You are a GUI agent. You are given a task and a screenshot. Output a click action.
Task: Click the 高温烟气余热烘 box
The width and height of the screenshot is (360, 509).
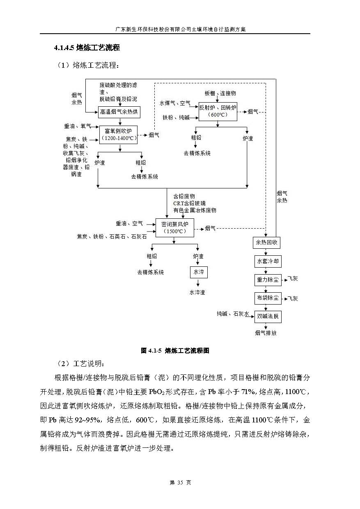(119, 112)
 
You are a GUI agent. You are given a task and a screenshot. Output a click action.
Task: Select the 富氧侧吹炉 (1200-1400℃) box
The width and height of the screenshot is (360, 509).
(119, 134)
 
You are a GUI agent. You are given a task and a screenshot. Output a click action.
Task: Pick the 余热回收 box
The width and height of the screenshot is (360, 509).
(267, 243)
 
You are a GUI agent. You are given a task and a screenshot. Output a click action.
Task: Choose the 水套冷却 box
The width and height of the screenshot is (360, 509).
(267, 261)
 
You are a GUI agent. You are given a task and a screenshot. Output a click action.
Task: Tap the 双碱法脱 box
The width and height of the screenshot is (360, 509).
(267, 316)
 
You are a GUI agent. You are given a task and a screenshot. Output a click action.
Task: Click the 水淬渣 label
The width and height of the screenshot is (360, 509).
(197, 292)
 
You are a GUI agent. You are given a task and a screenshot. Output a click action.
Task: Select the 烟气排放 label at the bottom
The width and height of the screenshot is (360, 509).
(266, 333)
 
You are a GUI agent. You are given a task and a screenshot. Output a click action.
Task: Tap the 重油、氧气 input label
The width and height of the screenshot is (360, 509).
(77, 126)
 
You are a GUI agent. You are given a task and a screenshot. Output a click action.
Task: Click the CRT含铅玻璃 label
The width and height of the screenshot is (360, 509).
(189, 203)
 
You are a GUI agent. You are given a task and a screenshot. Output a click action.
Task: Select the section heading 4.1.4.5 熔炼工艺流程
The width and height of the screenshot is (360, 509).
(87, 48)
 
